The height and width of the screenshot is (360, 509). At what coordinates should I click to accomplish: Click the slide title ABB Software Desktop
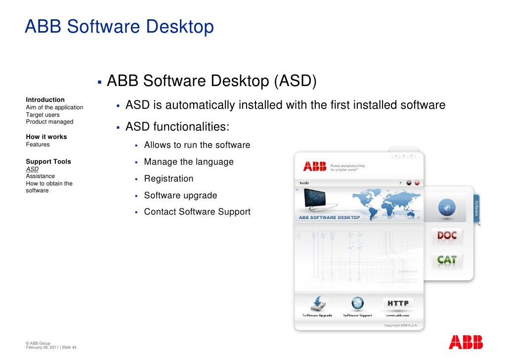(x=119, y=27)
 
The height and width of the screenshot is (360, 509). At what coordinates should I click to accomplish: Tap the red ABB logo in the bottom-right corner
(x=466, y=342)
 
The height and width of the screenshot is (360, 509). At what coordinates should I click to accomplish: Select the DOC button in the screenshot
(x=447, y=235)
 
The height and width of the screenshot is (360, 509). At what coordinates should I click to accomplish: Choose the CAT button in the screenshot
(x=447, y=259)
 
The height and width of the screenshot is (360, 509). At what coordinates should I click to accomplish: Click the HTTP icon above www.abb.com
(x=398, y=303)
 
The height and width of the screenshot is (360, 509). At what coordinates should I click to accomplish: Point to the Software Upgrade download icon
(x=317, y=303)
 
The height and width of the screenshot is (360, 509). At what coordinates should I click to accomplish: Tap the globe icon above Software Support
(x=357, y=303)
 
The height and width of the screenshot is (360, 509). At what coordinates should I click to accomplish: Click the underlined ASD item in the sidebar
(x=32, y=169)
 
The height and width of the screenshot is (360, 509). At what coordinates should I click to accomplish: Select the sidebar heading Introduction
(x=45, y=100)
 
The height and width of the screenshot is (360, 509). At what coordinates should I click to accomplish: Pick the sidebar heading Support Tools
(x=48, y=162)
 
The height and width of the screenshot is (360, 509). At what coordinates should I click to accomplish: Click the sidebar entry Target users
(x=42, y=115)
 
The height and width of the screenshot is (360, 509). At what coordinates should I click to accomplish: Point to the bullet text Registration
(x=169, y=179)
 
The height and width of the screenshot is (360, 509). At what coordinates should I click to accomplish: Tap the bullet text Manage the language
(x=189, y=162)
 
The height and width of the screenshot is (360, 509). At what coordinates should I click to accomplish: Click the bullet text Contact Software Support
(x=197, y=212)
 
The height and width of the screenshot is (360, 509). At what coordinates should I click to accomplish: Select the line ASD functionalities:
(x=177, y=127)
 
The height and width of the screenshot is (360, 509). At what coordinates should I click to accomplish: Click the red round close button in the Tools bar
(x=417, y=183)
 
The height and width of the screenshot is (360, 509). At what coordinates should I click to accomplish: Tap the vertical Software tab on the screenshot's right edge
(x=476, y=208)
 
